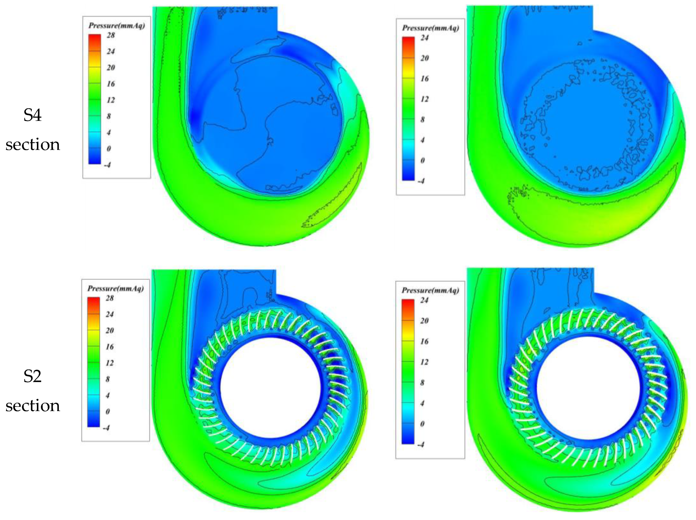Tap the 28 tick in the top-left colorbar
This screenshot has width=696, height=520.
111,35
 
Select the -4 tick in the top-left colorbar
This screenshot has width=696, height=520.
107,165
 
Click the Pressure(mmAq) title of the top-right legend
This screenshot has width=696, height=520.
430,28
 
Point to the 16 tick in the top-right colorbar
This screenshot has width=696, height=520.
424,78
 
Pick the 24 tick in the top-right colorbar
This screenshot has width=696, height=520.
424,38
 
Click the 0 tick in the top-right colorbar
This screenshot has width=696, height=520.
423,160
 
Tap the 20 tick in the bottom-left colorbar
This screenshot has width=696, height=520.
109,330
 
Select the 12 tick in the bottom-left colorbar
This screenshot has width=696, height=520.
109,363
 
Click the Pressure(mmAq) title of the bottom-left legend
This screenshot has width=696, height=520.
115,288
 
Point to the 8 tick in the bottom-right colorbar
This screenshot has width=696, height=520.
422,383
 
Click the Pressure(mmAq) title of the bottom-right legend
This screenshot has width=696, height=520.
430,290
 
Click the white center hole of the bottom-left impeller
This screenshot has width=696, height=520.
270,387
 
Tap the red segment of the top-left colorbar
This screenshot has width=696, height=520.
95,39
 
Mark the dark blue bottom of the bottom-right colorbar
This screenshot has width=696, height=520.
408,439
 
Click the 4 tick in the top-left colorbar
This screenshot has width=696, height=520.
109,132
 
